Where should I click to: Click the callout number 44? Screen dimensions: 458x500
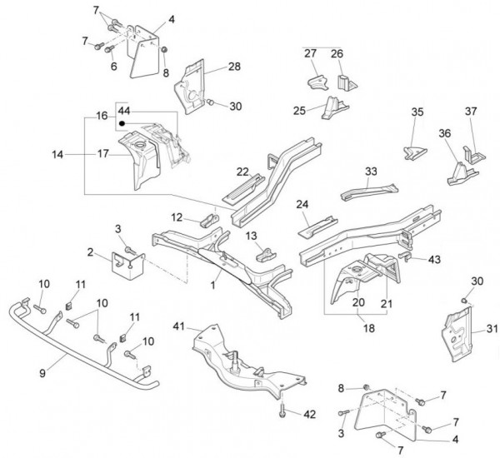click(x=124, y=110)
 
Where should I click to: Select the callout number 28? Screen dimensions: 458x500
click(x=234, y=66)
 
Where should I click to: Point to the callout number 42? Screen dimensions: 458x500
click(x=309, y=413)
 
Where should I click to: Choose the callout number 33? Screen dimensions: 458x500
click(x=371, y=171)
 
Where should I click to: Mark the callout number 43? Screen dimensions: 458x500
click(x=434, y=259)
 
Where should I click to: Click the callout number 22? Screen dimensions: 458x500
click(x=242, y=172)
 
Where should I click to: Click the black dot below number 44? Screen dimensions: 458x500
click(x=122, y=123)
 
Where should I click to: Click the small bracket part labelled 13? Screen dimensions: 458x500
click(x=267, y=253)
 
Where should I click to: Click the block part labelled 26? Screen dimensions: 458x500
click(x=344, y=80)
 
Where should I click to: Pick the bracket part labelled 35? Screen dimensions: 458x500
click(x=414, y=150)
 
